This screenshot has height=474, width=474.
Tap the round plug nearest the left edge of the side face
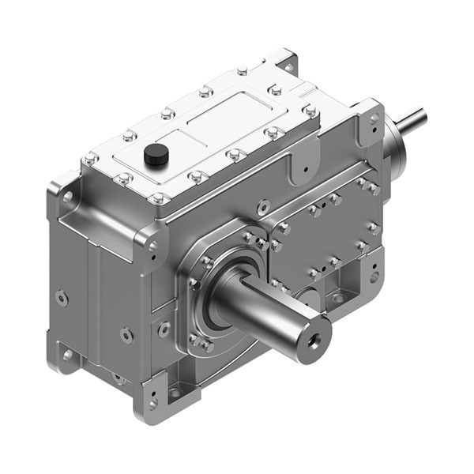click(x=61, y=299)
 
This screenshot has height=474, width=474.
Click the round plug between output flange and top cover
click(x=263, y=206)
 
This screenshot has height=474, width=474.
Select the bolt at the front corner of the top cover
click(x=159, y=198)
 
